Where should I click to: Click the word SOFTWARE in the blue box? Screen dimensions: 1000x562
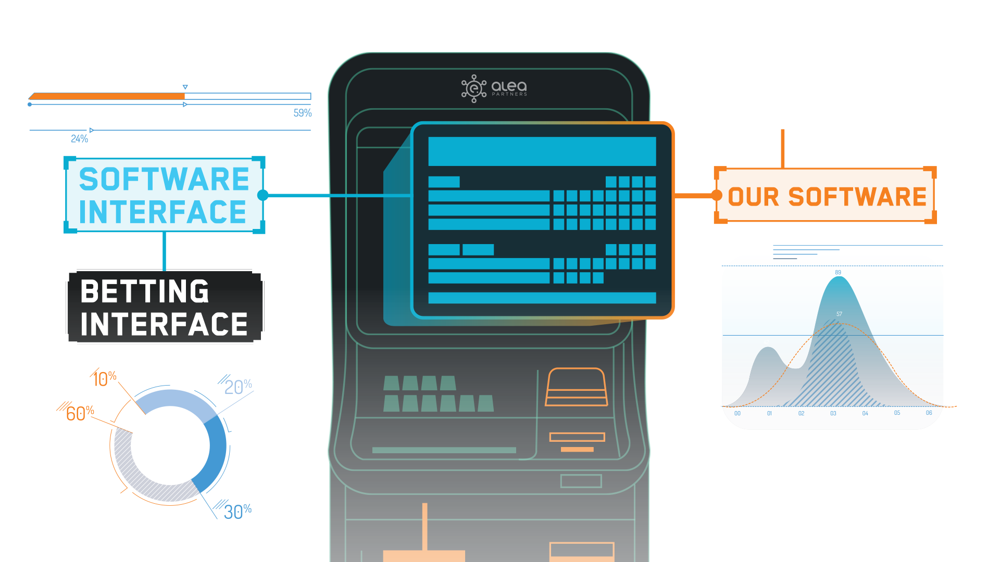[164, 180]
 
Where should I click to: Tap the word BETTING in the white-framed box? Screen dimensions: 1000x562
[145, 291]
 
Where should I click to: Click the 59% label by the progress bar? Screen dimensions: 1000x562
[302, 113]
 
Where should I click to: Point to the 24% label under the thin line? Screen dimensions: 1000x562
[79, 138]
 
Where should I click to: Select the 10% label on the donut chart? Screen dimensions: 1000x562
[104, 378]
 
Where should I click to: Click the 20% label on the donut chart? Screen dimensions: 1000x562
[238, 387]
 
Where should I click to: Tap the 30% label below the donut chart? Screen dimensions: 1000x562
[238, 512]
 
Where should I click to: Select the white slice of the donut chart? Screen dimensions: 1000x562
[130, 418]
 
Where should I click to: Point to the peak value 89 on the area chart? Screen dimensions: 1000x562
[838, 272]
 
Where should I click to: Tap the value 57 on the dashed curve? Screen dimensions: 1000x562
[839, 314]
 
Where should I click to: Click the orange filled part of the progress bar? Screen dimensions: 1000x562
[107, 96]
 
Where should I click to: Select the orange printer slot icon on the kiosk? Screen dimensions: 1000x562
[576, 387]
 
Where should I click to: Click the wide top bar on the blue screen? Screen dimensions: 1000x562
[542, 151]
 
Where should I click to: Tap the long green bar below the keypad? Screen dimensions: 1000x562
[444, 450]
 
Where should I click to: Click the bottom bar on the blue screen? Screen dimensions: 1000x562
[542, 298]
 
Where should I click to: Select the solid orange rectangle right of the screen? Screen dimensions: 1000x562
[825, 195]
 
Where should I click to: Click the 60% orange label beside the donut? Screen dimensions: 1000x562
[80, 413]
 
